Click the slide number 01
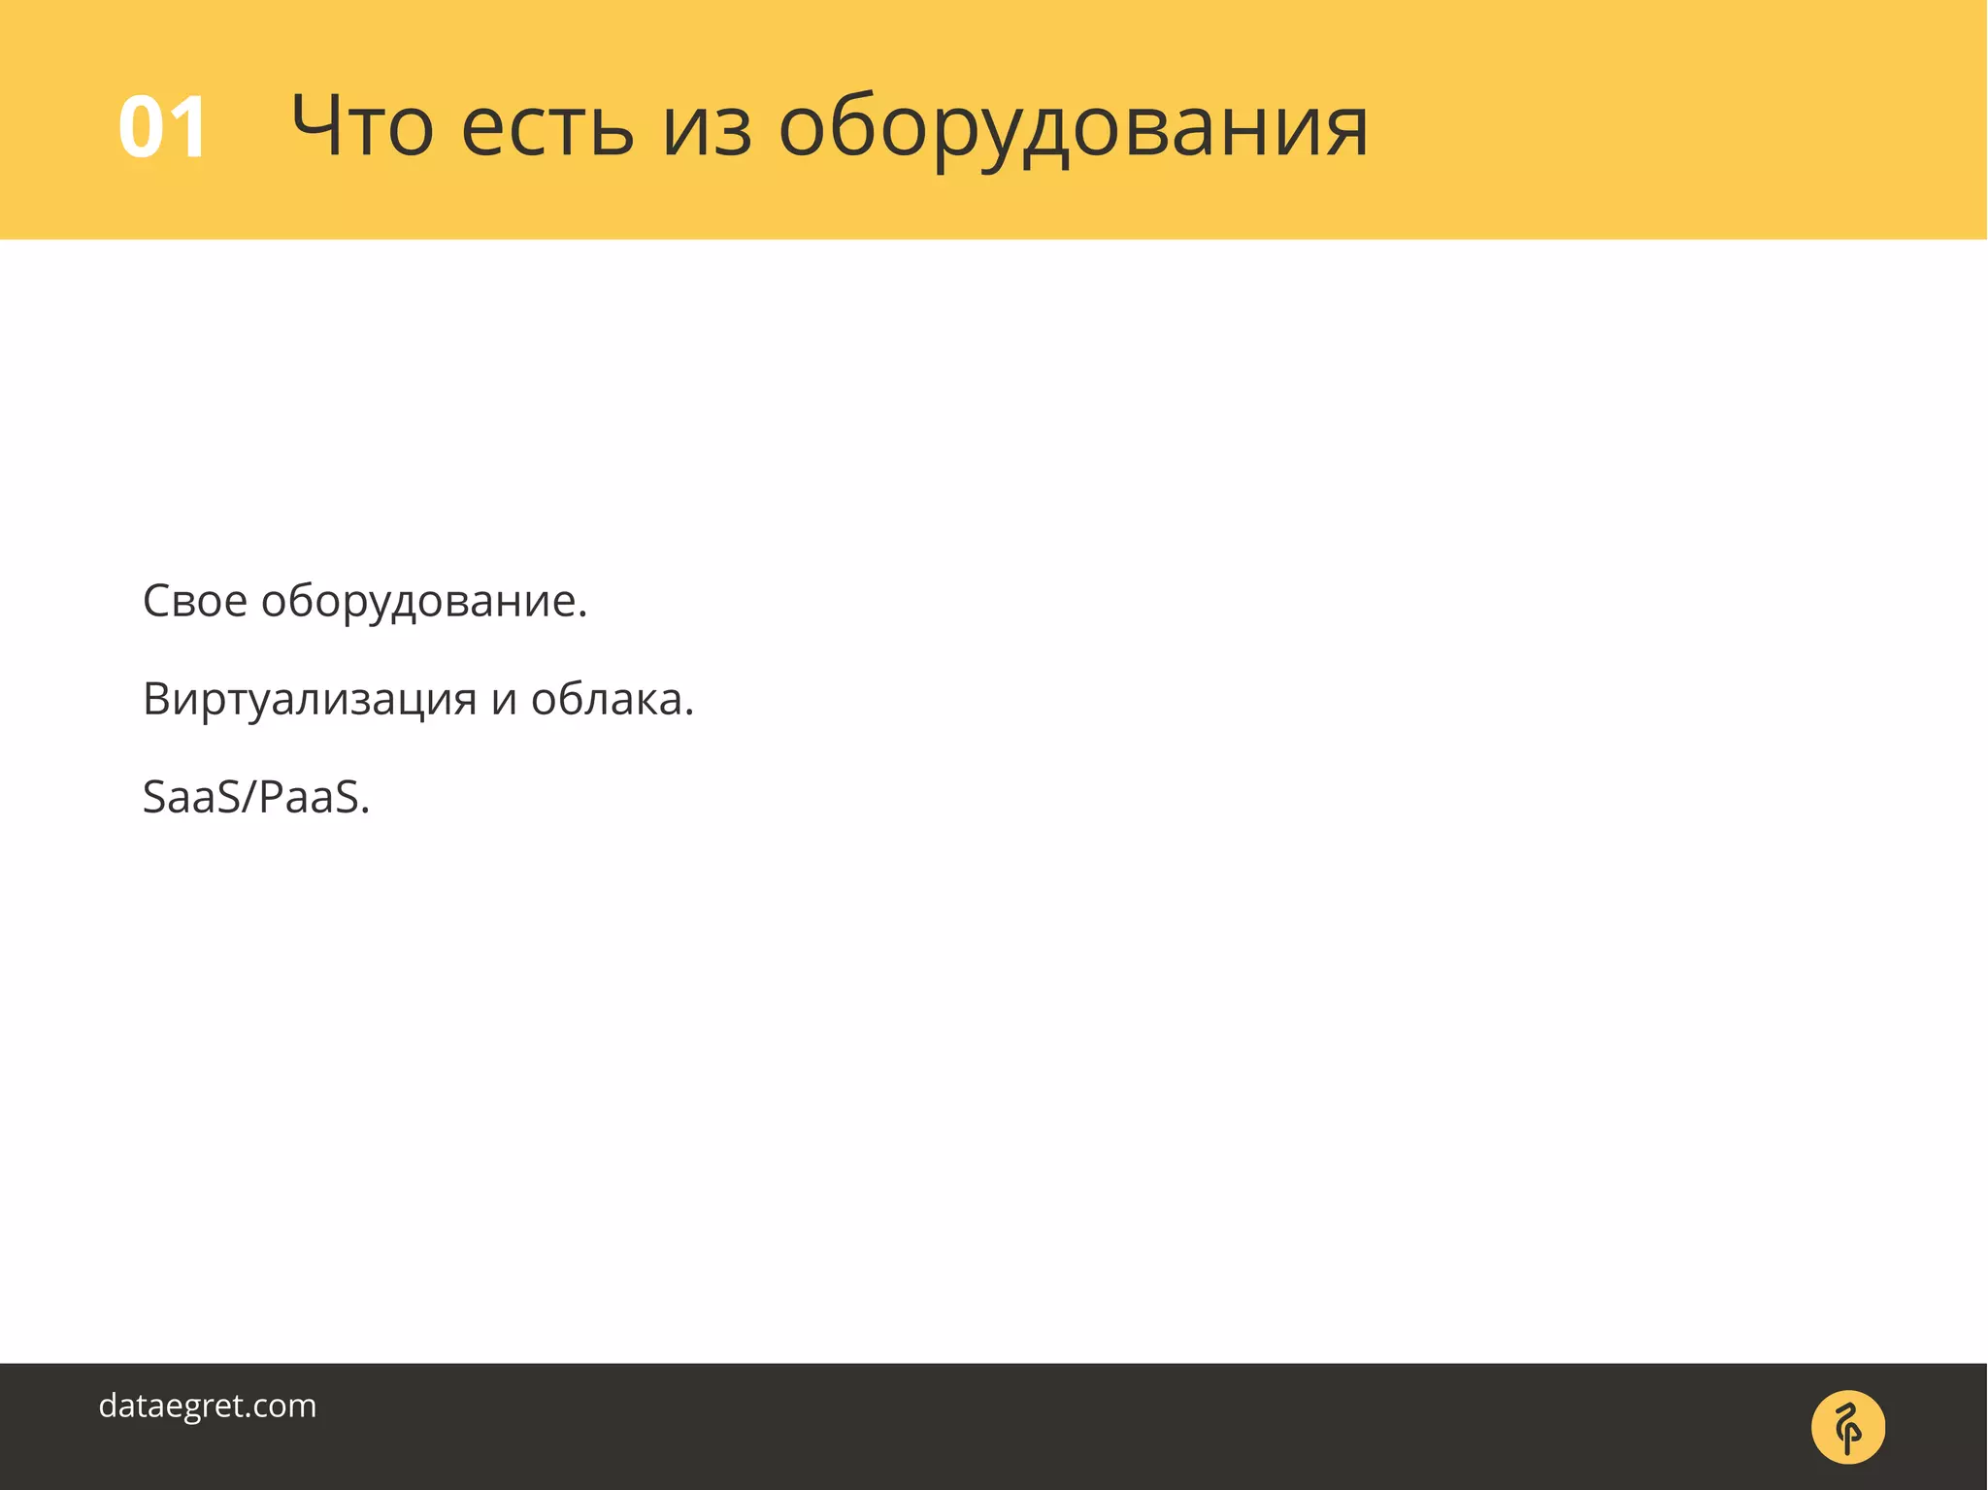pos(162,127)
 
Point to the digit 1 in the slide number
pos(186,127)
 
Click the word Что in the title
pos(361,126)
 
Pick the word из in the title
pos(707,128)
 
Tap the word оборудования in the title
pos(1073,128)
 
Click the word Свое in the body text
pos(194,601)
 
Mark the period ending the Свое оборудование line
pos(582,614)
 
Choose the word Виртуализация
pos(310,699)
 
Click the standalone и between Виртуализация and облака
pos(504,701)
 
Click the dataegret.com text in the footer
pos(208,1406)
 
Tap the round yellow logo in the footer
pos(1847,1427)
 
